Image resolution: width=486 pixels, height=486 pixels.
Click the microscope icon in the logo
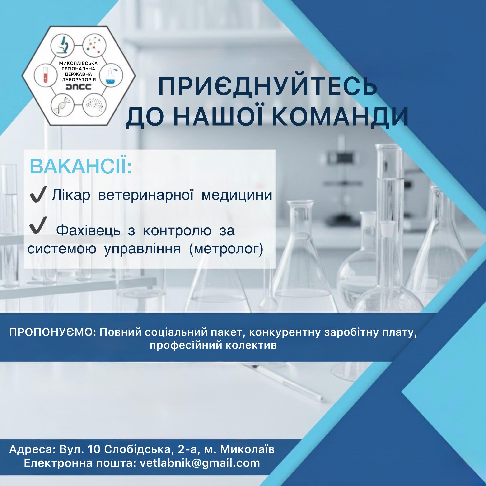(x=62, y=46)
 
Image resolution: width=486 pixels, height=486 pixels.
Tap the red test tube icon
(x=45, y=75)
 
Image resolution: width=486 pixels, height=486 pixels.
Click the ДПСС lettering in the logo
(x=78, y=87)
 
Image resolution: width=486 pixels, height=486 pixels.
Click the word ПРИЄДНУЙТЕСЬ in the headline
(x=268, y=86)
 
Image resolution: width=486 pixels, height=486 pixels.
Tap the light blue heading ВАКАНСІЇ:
(x=81, y=167)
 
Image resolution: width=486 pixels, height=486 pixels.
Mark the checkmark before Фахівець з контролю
(x=38, y=225)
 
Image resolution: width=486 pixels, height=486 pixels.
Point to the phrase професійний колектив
(x=213, y=345)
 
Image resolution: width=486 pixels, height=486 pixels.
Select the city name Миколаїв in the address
(x=247, y=449)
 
